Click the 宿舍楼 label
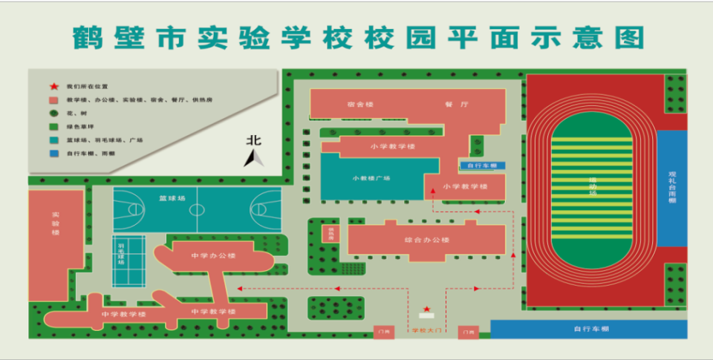coord(359,105)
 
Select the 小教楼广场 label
coord(371,178)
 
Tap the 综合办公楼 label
coord(427,240)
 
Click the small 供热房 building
coord(328,235)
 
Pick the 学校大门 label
coord(425,331)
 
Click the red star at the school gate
coord(426,309)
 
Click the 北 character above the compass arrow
coord(255,140)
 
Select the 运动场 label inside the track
coord(593,186)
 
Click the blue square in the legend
coord(53,154)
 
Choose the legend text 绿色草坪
coord(79,127)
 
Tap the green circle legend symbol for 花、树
coord(53,113)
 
